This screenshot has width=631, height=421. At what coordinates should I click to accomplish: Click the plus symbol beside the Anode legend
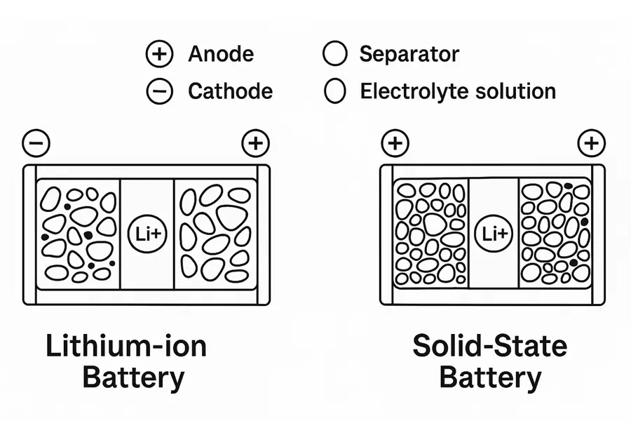pyautogui.click(x=159, y=55)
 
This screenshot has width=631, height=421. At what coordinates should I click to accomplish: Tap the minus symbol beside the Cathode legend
pyautogui.click(x=159, y=91)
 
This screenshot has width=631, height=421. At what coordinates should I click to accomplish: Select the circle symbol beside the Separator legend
pyautogui.click(x=334, y=54)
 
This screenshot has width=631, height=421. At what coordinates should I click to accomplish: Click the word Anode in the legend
pyautogui.click(x=221, y=55)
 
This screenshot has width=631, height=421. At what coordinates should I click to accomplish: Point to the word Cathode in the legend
pyautogui.click(x=230, y=91)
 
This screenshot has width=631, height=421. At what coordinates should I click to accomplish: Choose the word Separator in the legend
pyautogui.click(x=409, y=54)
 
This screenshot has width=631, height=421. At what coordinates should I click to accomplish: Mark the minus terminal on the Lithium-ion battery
pyautogui.click(x=36, y=144)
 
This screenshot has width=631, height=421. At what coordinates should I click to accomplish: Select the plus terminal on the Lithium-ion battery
pyautogui.click(x=255, y=144)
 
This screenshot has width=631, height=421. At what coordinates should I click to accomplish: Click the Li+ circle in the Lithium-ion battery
pyautogui.click(x=147, y=234)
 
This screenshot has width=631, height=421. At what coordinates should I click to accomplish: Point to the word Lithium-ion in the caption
pyautogui.click(x=126, y=347)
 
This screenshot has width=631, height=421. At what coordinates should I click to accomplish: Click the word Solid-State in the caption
pyautogui.click(x=490, y=347)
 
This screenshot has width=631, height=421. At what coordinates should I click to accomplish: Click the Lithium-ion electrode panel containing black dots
pyautogui.click(x=78, y=234)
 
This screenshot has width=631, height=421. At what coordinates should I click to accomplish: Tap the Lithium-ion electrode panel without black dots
pyautogui.click(x=215, y=234)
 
